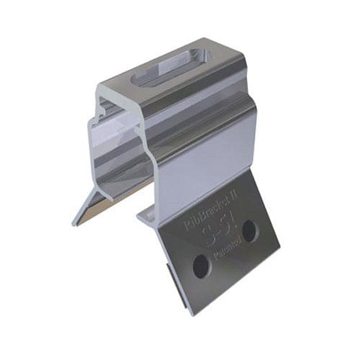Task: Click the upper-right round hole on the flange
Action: pyautogui.click(x=249, y=231)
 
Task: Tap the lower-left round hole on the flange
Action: pyautogui.click(x=199, y=267)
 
